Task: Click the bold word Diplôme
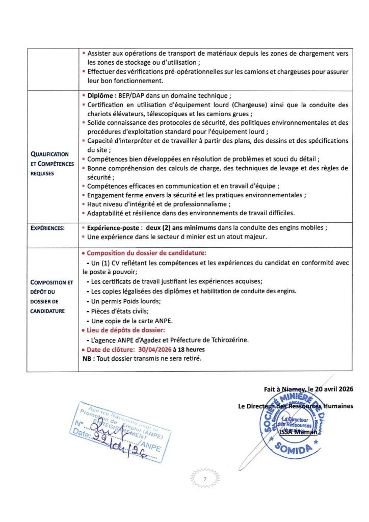(x=101, y=95)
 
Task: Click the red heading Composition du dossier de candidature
(x=147, y=253)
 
